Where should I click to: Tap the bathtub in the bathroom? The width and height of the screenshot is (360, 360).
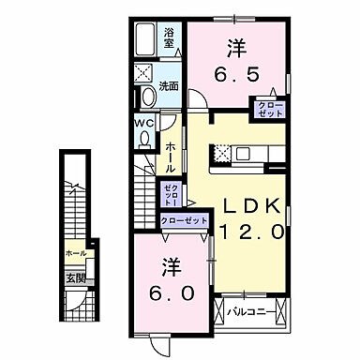click(x=145, y=38)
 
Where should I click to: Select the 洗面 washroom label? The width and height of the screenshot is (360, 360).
click(x=170, y=85)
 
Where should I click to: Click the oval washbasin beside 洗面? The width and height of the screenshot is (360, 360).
click(x=148, y=96)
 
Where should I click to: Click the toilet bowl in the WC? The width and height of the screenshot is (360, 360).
click(x=143, y=137)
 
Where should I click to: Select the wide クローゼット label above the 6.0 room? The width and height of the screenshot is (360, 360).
click(x=183, y=220)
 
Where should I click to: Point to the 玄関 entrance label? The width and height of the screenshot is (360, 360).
click(x=74, y=278)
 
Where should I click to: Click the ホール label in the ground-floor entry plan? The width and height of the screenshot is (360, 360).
click(x=76, y=254)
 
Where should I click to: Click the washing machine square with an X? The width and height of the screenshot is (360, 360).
click(x=144, y=72)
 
